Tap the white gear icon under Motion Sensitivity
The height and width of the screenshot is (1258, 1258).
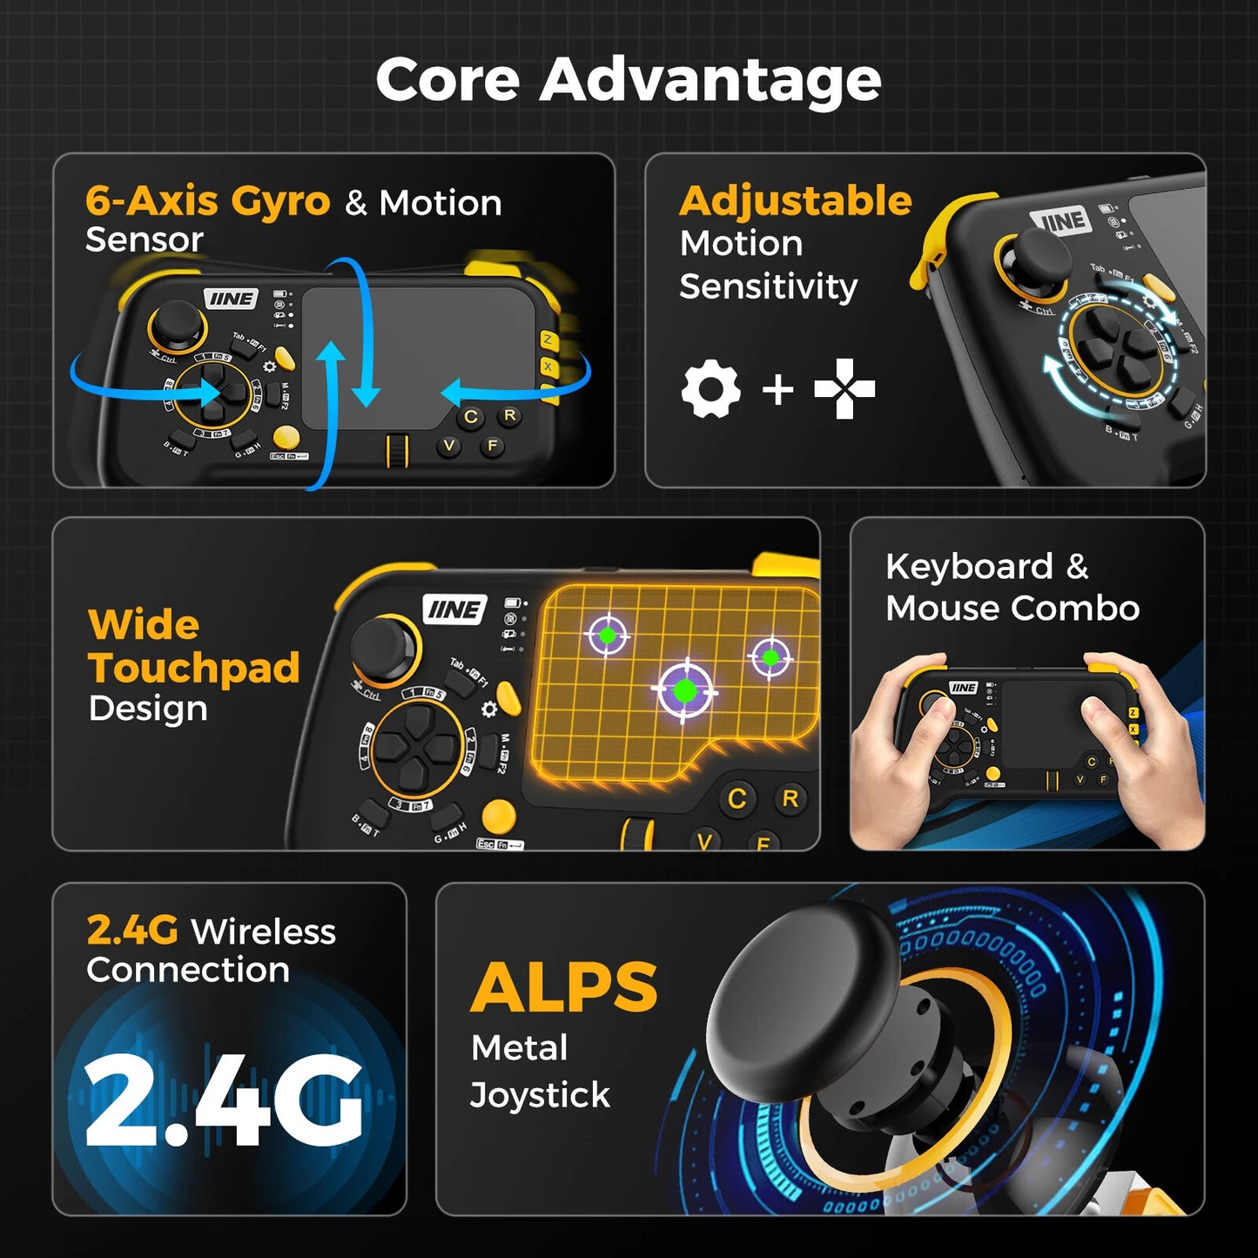pyautogui.click(x=711, y=389)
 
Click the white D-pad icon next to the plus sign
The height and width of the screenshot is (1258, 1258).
pyautogui.click(x=844, y=388)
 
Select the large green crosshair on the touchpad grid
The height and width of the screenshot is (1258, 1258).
pyautogui.click(x=685, y=691)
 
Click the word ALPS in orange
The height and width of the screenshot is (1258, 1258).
pyautogui.click(x=564, y=988)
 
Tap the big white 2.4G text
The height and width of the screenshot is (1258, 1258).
pyautogui.click(x=225, y=1101)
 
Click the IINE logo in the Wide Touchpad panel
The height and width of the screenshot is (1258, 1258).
pyautogui.click(x=454, y=609)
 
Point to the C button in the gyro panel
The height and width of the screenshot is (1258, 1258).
pyautogui.click(x=471, y=417)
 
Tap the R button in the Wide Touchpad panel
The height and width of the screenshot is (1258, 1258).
pyautogui.click(x=790, y=798)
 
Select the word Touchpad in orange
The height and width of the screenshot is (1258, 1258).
pyautogui.click(x=194, y=668)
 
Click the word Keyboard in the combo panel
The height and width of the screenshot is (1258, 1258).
pyautogui.click(x=969, y=567)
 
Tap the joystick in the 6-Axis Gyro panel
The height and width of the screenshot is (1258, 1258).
pyautogui.click(x=178, y=323)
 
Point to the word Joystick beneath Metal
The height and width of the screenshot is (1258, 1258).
pyautogui.click(x=540, y=1095)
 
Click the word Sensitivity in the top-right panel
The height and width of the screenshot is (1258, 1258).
pyautogui.click(x=768, y=286)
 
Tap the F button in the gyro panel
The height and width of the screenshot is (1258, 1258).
pyautogui.click(x=493, y=446)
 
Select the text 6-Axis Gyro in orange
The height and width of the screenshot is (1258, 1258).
pyautogui.click(x=207, y=201)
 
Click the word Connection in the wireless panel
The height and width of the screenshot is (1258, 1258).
pyautogui.click(x=188, y=970)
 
